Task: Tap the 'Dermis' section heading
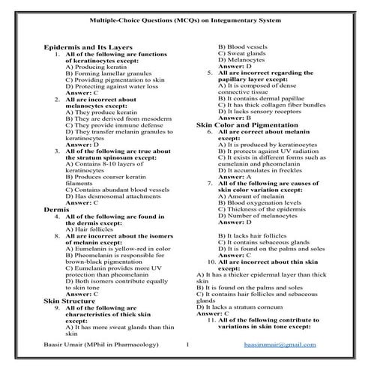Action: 57,209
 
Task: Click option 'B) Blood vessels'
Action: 238,47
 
